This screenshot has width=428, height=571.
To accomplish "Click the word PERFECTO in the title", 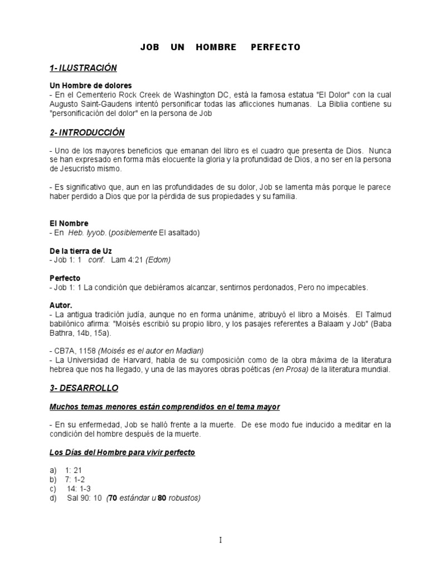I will (275, 47).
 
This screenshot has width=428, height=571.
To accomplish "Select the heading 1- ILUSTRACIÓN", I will (83, 68).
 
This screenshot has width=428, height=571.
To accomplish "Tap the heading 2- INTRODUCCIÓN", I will (87, 133).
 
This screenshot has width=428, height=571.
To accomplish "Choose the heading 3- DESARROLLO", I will (84, 388).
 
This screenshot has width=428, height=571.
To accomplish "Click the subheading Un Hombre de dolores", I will (90, 86).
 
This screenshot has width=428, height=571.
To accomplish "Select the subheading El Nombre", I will (69, 224).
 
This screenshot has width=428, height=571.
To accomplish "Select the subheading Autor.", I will (61, 306).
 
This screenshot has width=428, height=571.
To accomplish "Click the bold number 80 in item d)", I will (162, 499).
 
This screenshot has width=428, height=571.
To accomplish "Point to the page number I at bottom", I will (221, 540).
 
